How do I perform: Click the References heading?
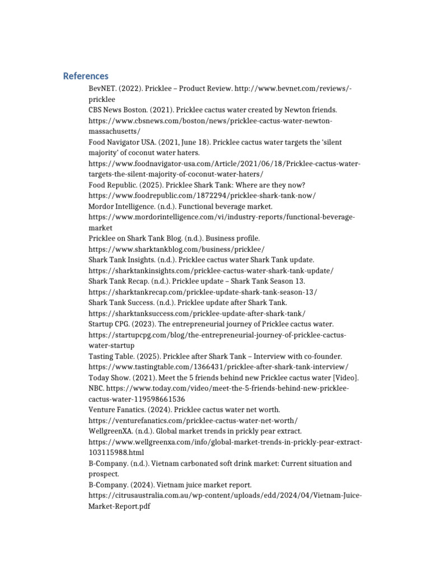click(86, 76)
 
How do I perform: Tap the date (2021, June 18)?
click(181, 142)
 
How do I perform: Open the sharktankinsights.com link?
click(211, 270)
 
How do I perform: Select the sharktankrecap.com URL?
click(203, 292)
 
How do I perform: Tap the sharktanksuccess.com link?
click(197, 313)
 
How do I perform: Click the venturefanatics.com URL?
click(193, 420)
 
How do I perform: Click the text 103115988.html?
click(116, 452)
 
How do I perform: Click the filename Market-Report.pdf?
click(120, 506)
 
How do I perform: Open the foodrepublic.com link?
click(202, 196)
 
